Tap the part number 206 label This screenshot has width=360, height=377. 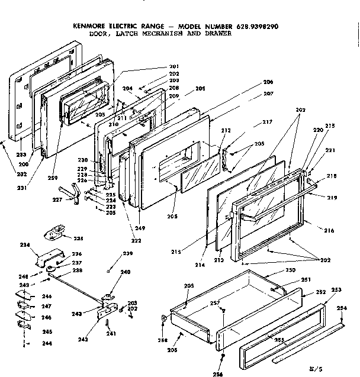(268, 98)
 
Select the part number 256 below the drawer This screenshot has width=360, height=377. (220, 373)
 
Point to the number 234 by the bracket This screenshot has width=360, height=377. (24, 244)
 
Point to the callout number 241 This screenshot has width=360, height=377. (110, 333)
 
